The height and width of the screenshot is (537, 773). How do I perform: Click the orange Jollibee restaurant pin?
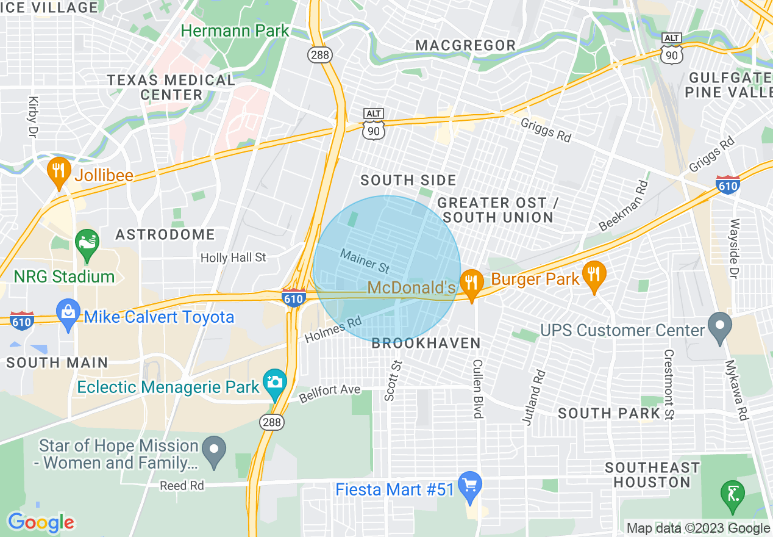pos(59,173)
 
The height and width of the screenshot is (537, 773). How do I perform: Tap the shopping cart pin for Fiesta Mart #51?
pos(469,486)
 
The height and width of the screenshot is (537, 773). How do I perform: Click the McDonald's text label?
pos(412,287)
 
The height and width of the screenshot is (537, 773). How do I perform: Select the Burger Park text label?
pos(535,279)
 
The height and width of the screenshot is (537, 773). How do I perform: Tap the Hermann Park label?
pos(235,31)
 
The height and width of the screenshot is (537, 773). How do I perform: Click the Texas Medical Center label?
pos(171,87)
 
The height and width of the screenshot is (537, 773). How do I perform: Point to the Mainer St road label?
pos(365,261)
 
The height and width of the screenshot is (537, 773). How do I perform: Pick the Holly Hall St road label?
pos(233,258)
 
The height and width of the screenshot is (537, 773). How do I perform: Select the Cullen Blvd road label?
pos(477,388)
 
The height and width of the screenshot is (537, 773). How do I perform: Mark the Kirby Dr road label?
pos(32,116)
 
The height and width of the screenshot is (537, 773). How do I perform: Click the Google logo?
pos(41,522)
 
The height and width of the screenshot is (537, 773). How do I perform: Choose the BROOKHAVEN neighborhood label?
pos(427,344)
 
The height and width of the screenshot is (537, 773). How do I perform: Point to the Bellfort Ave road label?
pos(330,393)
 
